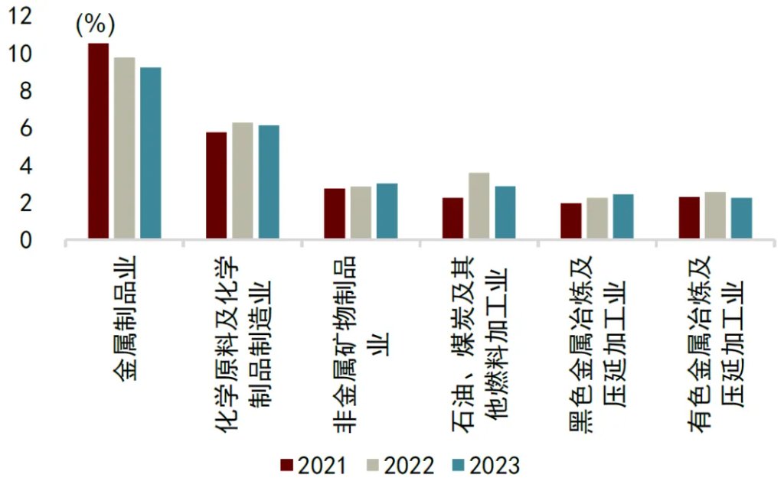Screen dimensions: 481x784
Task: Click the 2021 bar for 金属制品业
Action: (x=98, y=141)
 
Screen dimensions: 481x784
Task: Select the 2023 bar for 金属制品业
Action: (x=151, y=154)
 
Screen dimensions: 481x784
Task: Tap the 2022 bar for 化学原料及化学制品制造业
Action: (x=243, y=181)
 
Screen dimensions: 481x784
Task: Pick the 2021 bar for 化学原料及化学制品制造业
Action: (x=217, y=187)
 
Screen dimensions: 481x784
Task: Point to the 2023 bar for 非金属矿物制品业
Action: (x=387, y=212)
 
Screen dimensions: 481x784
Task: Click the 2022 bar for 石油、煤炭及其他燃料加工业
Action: (x=479, y=206)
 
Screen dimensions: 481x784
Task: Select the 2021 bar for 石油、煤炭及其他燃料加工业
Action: (x=452, y=219)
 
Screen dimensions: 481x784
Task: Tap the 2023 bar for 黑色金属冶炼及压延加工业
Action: (x=623, y=217)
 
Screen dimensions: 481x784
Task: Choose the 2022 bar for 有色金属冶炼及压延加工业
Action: (x=715, y=216)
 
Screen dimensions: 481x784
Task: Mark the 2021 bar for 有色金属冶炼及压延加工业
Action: (x=689, y=219)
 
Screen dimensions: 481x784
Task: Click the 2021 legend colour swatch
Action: (x=287, y=465)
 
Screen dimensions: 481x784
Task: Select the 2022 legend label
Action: (x=406, y=465)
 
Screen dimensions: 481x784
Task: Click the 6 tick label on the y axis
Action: (x=25, y=129)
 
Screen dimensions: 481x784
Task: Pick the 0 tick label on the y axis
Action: (x=25, y=241)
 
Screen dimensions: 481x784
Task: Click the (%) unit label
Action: (x=94, y=24)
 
